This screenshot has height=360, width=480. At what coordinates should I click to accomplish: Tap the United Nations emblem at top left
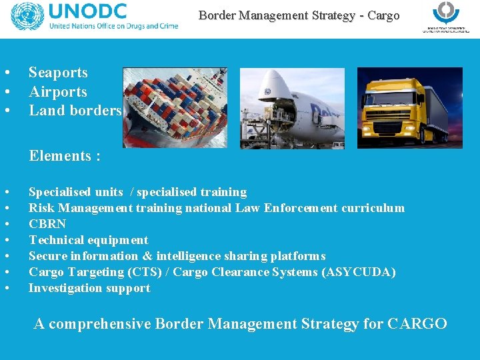27,17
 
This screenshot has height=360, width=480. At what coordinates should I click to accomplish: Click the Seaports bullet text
58,73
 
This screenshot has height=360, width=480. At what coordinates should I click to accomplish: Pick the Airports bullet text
58,92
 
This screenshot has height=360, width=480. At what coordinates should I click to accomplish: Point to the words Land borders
75,111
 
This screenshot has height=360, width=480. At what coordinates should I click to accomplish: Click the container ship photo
175,107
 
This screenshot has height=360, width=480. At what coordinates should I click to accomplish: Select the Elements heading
65,156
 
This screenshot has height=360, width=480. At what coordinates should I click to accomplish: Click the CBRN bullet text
47,224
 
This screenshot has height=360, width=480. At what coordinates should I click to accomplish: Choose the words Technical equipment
88,240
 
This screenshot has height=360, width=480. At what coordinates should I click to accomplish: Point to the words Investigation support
89,288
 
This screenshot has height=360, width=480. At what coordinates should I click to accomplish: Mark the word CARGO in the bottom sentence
417,324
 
